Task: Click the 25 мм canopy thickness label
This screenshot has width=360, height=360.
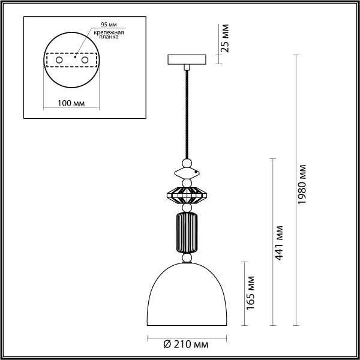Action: point(225,40)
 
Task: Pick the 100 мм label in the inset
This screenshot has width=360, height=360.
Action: point(71,103)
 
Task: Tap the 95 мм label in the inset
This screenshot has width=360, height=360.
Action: point(109,25)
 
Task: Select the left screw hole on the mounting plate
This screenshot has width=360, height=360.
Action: point(59,61)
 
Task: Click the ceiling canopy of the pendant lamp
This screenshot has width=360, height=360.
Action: point(188,59)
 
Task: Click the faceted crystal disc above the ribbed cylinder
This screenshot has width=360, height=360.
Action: point(187,195)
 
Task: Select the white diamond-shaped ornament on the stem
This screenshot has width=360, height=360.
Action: point(187,174)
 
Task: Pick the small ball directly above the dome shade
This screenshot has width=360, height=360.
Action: point(187,257)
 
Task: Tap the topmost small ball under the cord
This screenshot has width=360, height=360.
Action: point(187,163)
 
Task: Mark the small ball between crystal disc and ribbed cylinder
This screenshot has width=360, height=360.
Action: point(187,208)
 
